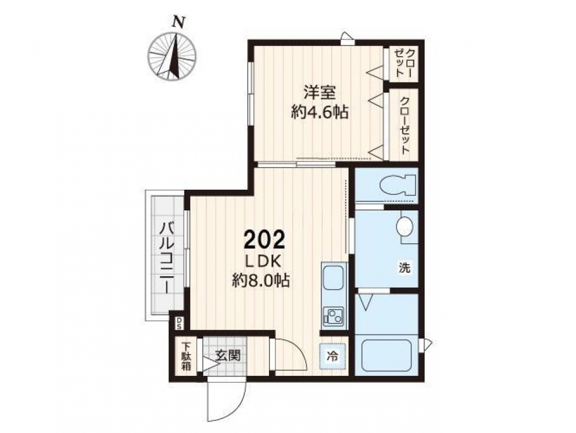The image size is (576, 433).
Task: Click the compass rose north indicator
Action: click(x=172, y=57)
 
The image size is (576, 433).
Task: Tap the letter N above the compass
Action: click(x=179, y=22)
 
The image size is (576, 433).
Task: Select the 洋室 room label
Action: click(x=319, y=92)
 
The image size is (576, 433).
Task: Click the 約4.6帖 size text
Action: click(x=320, y=111)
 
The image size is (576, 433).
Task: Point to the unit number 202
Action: click(x=264, y=240)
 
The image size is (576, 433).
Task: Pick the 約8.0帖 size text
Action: click(x=261, y=281)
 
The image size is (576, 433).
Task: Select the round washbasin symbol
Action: click(x=404, y=225)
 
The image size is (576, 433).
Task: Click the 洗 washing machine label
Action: click(x=404, y=267)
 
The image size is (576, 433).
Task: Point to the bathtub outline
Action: click(x=386, y=356)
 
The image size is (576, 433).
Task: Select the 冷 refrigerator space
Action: click(x=332, y=356)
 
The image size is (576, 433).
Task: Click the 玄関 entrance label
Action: click(x=228, y=355)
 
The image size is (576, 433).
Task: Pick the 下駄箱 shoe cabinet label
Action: click(x=186, y=356)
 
